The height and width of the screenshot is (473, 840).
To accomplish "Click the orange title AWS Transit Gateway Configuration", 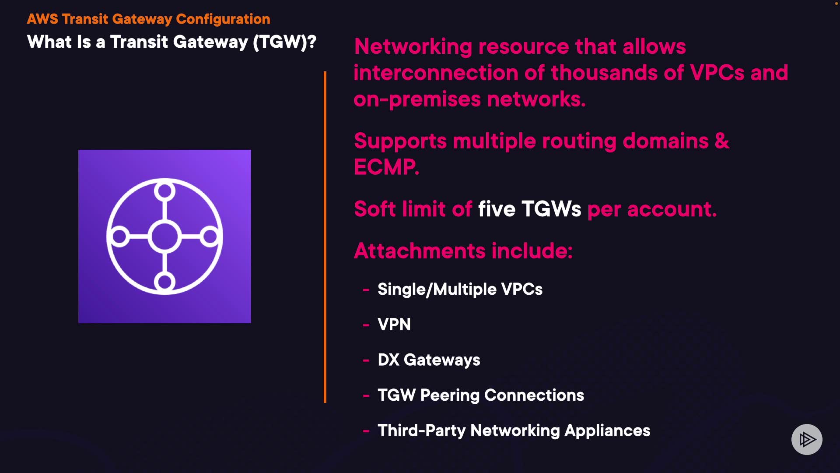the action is (x=148, y=19).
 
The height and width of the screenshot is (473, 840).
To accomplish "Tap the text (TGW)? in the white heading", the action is (x=284, y=42).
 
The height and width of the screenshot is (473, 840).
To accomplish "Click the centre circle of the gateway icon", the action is (x=164, y=236).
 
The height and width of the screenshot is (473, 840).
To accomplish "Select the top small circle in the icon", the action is (x=164, y=191).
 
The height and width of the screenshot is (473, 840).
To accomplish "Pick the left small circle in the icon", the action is (x=119, y=236).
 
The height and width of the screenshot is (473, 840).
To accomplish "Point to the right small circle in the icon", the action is (x=210, y=236).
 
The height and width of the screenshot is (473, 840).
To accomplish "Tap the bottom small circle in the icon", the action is (x=164, y=282).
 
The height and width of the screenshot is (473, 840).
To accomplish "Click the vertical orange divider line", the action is (x=325, y=236).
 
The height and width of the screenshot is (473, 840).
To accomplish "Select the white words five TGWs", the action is (x=529, y=209).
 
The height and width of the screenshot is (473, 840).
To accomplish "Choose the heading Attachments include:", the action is (x=463, y=251).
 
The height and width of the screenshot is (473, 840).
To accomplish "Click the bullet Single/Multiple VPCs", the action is (x=460, y=289).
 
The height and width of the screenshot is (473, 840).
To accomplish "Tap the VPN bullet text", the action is (x=394, y=325).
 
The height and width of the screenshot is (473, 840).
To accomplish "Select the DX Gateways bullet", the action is (x=429, y=360).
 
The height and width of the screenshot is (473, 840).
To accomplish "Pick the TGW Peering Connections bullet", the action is (x=481, y=395).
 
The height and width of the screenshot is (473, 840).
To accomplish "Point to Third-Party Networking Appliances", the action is (x=514, y=431).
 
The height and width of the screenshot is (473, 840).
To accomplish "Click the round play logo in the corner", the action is (x=807, y=439).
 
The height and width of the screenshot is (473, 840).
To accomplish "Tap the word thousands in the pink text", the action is (x=604, y=73).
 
